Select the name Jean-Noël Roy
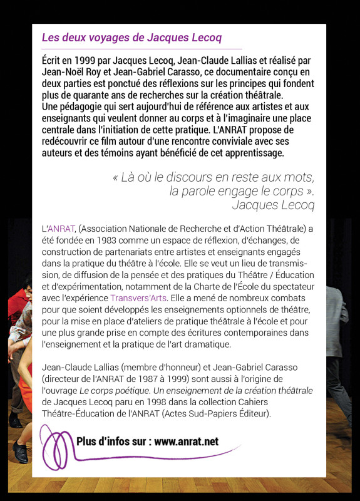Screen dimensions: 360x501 pyautogui.click(x=71, y=72)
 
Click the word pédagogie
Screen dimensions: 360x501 pyautogui.click(x=78, y=106)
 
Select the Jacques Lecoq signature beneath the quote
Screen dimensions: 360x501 pyautogui.click(x=273, y=205)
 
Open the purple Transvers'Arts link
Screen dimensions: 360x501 pyautogui.click(x=138, y=297)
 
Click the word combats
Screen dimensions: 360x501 pyautogui.click(x=293, y=297)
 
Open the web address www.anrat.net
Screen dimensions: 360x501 pyautogui.click(x=186, y=442)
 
